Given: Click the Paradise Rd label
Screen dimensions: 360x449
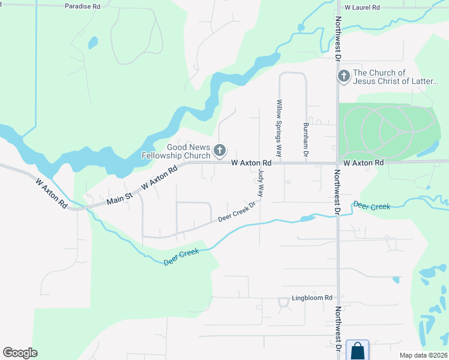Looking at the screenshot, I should click(x=82, y=6).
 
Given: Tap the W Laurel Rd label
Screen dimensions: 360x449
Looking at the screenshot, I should click(x=363, y=7).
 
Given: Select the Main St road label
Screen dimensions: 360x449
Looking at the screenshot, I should click(x=119, y=197).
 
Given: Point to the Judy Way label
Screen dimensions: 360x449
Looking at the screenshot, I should click(x=261, y=182).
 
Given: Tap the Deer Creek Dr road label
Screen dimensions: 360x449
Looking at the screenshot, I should click(x=237, y=212).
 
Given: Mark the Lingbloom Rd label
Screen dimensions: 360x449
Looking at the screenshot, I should click(x=312, y=298).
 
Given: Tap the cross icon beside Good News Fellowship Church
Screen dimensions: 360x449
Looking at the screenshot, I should click(x=220, y=149).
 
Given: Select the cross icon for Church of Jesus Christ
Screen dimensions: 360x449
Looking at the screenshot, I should click(x=343, y=76).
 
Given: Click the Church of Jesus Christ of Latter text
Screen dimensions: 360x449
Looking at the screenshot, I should click(x=396, y=77).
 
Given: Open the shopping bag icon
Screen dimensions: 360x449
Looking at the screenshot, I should click(x=357, y=350).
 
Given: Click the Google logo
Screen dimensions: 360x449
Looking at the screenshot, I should click(x=20, y=353).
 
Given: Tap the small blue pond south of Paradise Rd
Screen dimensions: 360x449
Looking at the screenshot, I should click(x=92, y=43).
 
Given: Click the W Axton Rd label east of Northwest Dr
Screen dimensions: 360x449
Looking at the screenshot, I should click(x=363, y=163).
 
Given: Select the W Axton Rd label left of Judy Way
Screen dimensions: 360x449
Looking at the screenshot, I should click(x=252, y=163).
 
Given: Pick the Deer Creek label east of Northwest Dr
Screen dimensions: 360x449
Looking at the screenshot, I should click(x=372, y=206).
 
